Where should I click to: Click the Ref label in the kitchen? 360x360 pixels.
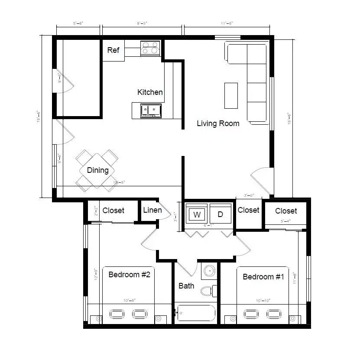[x=113, y=50]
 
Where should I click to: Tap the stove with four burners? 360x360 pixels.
[x=150, y=48]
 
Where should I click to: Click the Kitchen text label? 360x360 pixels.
[x=150, y=92]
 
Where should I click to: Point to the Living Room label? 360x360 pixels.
[x=218, y=123]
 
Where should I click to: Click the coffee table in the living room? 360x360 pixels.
[x=231, y=96]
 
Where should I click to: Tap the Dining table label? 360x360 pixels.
[x=97, y=170]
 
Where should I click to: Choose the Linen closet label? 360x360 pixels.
[x=152, y=211]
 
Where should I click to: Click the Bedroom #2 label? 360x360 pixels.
[x=129, y=274]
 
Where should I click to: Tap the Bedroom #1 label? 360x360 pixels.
[x=263, y=277]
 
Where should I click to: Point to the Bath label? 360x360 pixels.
[x=186, y=286]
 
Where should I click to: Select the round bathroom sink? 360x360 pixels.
[x=210, y=271]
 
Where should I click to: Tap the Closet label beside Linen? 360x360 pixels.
[x=113, y=211]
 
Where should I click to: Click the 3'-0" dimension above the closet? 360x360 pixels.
[x=249, y=195]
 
